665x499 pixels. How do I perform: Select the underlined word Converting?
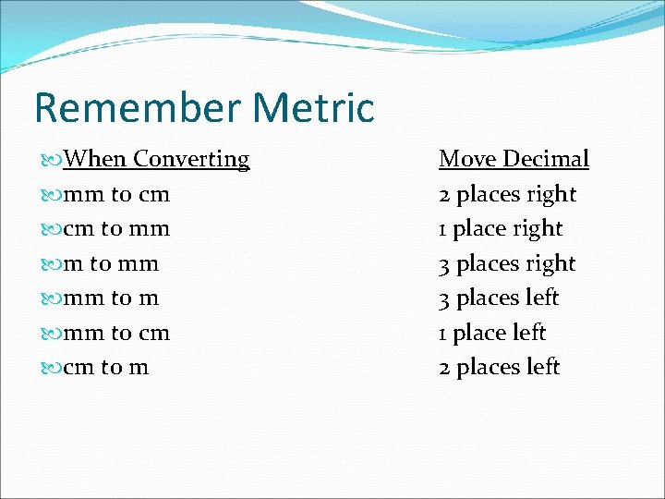click(x=191, y=159)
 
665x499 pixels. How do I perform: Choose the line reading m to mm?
click(x=110, y=263)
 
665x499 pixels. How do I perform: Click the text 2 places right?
click(x=507, y=194)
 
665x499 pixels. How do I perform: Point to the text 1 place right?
click(x=500, y=228)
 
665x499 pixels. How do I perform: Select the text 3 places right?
click(x=507, y=263)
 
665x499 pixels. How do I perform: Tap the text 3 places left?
click(x=499, y=298)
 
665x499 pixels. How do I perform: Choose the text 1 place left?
click(x=492, y=333)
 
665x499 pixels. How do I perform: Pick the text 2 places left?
click(x=499, y=367)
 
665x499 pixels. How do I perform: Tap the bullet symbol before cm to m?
click(x=52, y=368)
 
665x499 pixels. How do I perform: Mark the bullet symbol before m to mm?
click(x=52, y=264)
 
